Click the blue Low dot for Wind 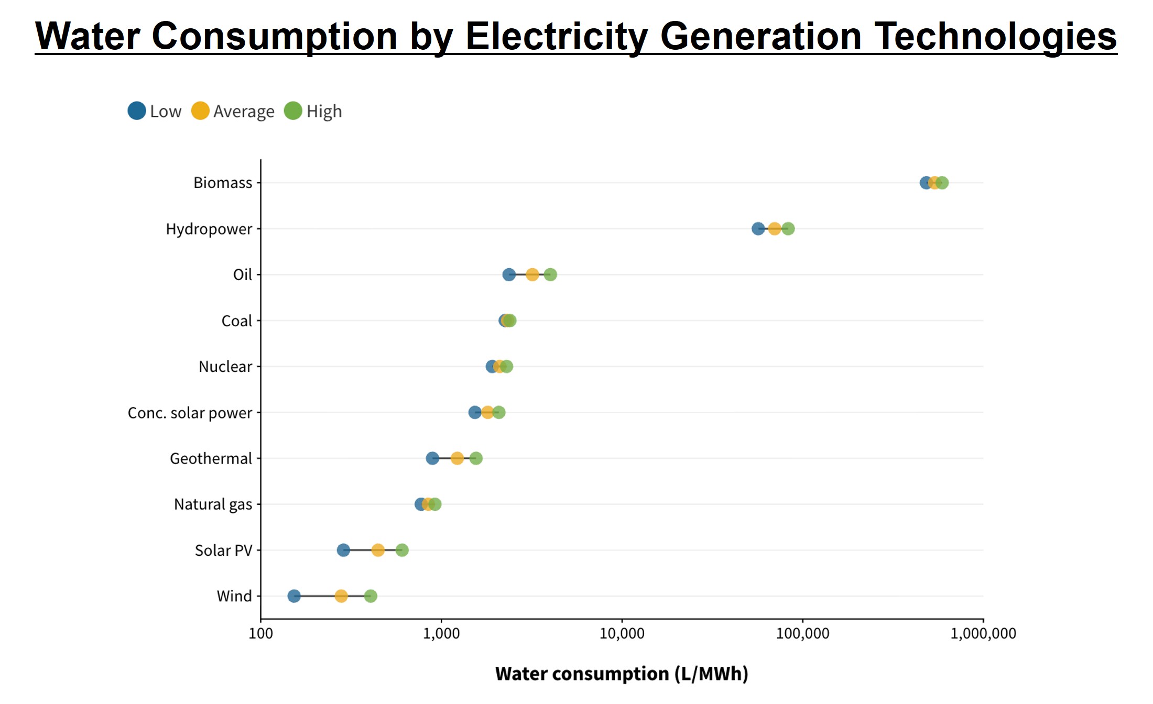(294, 596)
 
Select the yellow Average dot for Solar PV (378, 550)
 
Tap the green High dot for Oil (550, 274)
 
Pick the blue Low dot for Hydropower (758, 228)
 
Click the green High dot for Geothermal (476, 458)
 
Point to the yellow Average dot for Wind (341, 596)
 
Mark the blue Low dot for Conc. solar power (474, 412)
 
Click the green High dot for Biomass (943, 183)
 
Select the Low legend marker (137, 111)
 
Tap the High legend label (324, 112)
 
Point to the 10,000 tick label (622, 634)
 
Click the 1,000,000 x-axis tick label (983, 634)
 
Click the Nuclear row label (225, 367)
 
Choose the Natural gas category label (213, 504)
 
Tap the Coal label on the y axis (236, 321)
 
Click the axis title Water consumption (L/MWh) (622, 674)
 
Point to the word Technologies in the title (996, 37)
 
